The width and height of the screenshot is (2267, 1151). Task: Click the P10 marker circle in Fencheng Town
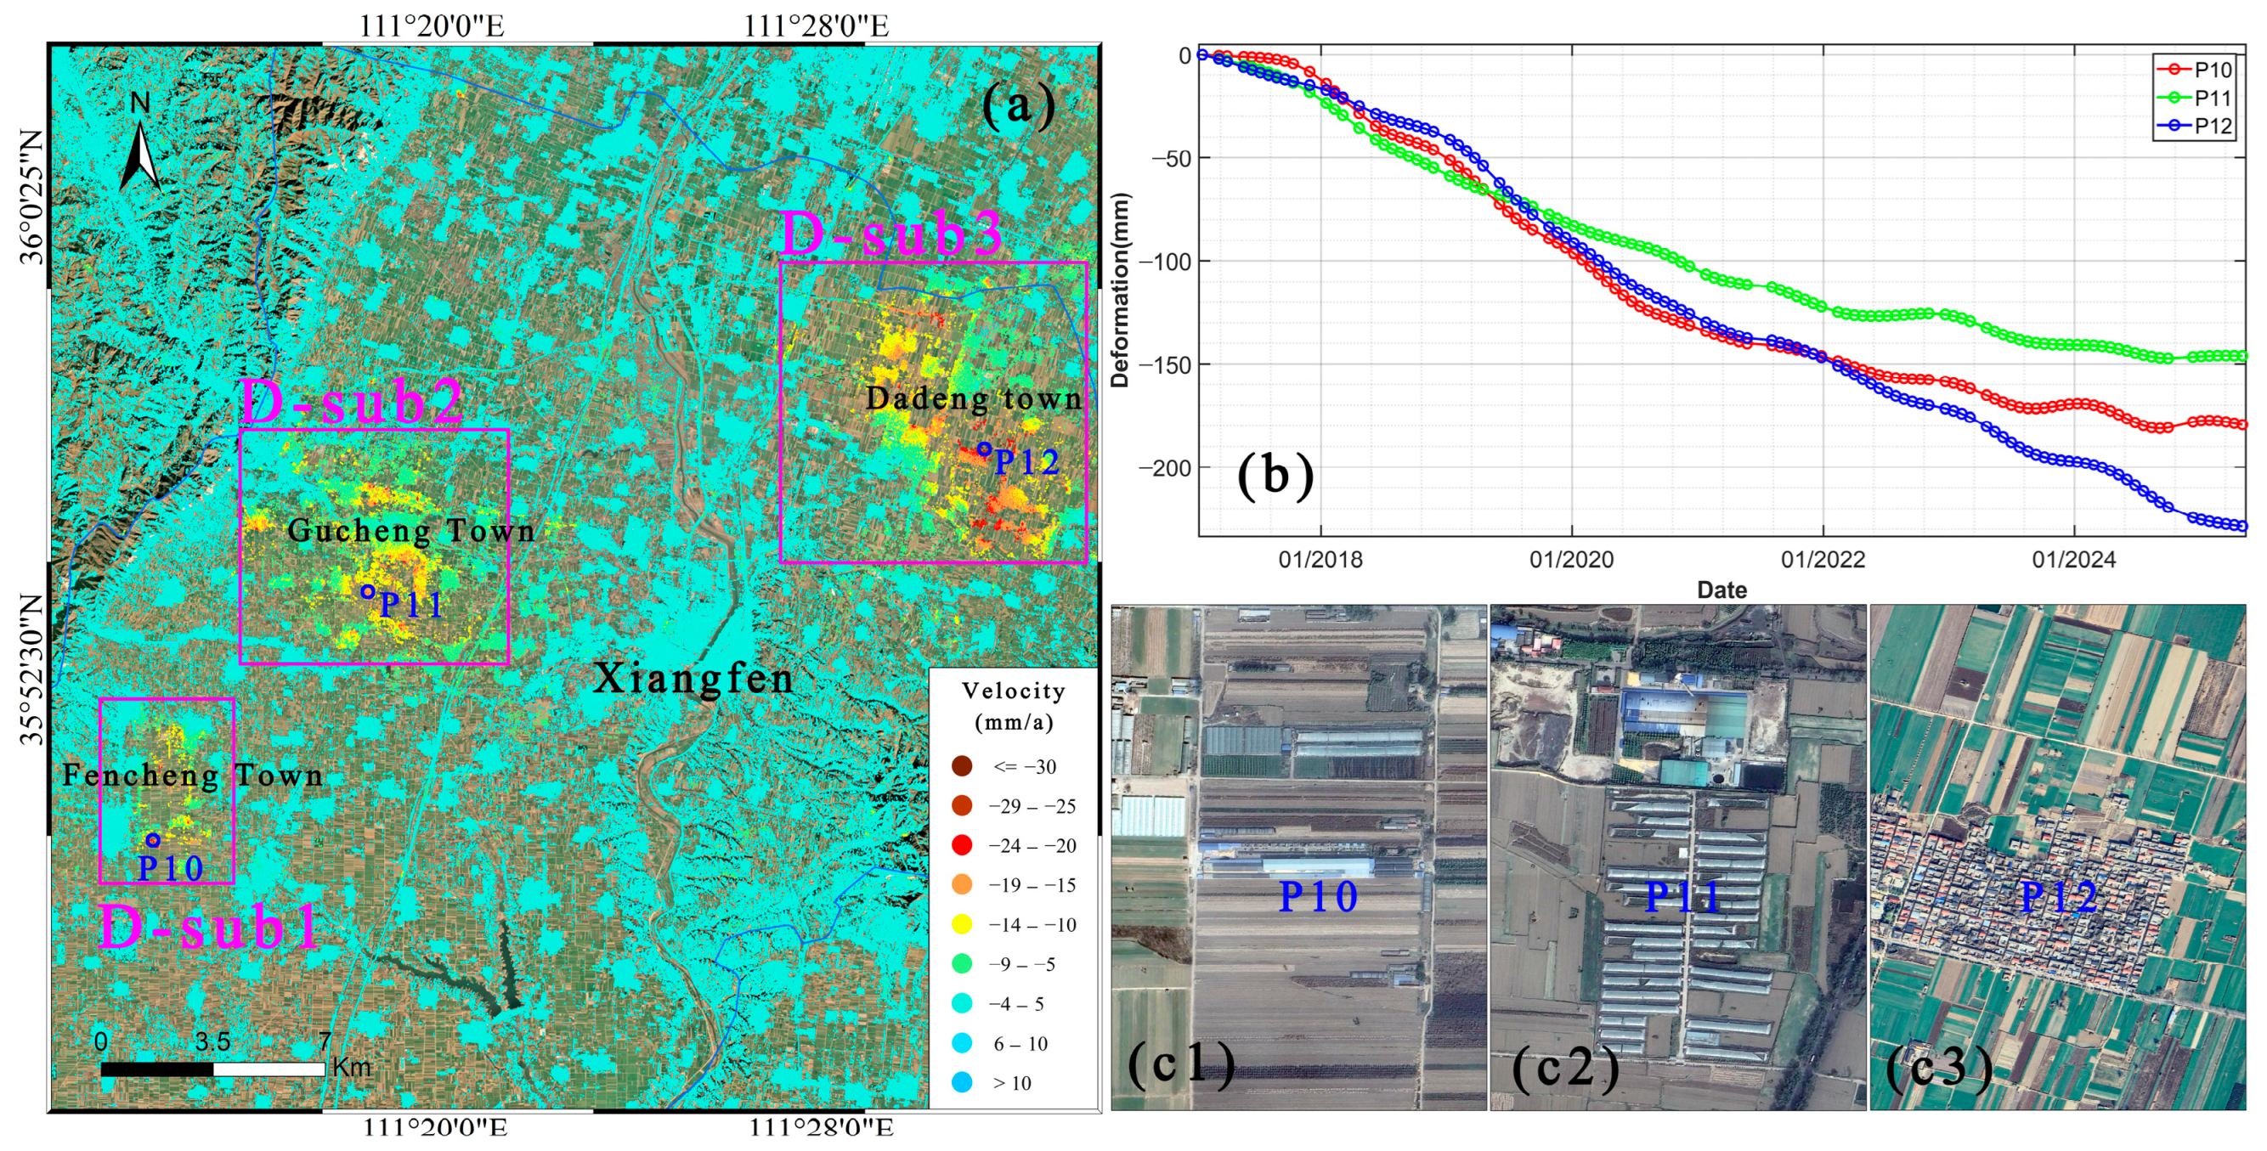click(x=153, y=840)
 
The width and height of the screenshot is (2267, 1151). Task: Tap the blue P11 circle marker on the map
click(x=368, y=592)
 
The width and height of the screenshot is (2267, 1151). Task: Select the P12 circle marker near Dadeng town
click(x=985, y=449)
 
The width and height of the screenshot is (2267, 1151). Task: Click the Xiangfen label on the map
click(x=693, y=679)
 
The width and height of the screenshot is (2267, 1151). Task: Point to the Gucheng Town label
click(x=411, y=531)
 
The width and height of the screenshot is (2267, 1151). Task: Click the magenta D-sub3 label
click(x=891, y=235)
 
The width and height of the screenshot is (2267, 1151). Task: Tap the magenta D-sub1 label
click(x=209, y=927)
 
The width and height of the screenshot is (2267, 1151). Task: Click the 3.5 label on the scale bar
click(x=213, y=1042)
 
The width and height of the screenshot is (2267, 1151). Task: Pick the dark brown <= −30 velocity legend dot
click(x=962, y=766)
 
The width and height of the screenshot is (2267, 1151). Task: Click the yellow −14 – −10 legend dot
click(x=962, y=925)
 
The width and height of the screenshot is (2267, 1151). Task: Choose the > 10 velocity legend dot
click(x=962, y=1083)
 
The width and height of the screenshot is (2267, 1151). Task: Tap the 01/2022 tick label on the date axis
click(x=1823, y=560)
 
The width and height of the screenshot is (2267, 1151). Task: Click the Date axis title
click(x=1721, y=590)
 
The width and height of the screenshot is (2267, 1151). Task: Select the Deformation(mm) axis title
click(x=1119, y=291)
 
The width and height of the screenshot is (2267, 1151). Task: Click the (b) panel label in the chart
click(x=1275, y=475)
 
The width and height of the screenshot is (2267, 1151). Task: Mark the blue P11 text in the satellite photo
click(x=1682, y=898)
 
